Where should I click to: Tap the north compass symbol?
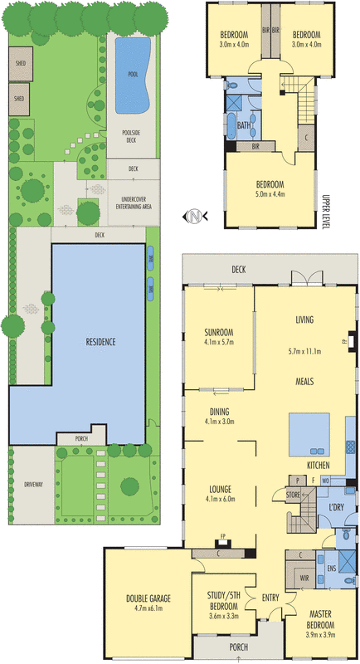tap(193, 217)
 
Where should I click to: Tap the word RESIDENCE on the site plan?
tap(101, 342)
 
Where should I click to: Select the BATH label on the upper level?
tap(244, 125)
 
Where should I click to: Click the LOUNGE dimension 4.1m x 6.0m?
tap(220, 499)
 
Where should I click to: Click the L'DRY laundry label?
tap(336, 507)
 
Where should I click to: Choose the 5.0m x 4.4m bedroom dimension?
tap(270, 194)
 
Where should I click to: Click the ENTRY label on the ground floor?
tap(270, 598)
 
